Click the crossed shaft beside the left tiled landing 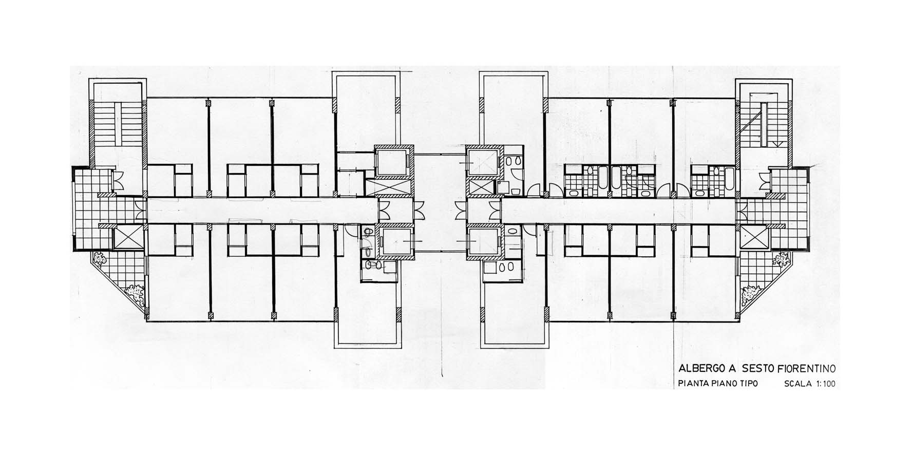(x=127, y=238)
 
